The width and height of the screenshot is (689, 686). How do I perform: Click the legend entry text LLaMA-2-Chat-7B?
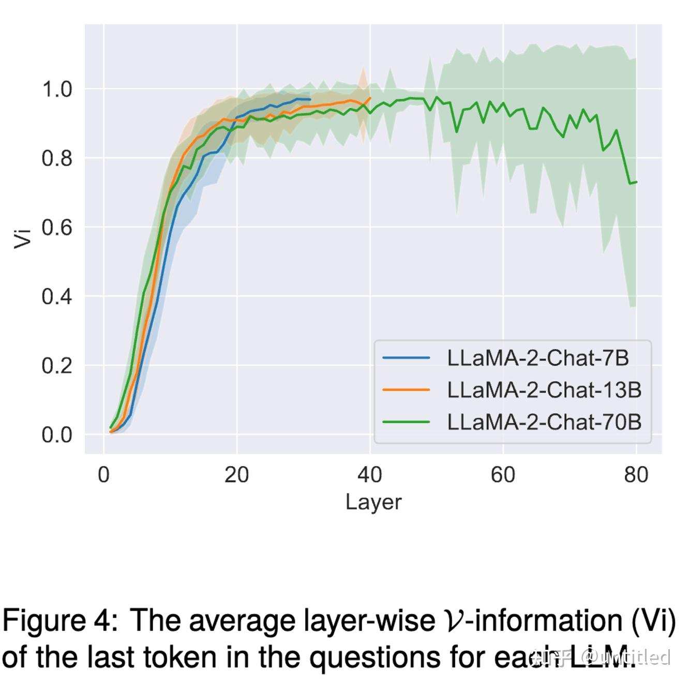(537, 358)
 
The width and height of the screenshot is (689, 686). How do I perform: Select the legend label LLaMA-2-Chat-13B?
(544, 390)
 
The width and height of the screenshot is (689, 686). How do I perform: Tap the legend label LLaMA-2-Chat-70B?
(544, 422)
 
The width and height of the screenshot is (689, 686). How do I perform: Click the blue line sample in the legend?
(406, 358)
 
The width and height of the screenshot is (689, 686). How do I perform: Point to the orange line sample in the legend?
(406, 390)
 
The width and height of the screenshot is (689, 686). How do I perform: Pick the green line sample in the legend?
(406, 422)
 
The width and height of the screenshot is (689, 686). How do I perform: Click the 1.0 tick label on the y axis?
(57, 90)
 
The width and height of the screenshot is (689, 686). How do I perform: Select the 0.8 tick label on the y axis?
(57, 158)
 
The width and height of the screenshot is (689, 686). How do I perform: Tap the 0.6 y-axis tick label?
(57, 228)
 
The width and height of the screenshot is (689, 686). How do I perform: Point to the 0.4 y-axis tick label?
(57, 297)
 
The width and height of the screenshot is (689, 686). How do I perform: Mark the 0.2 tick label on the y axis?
(57, 366)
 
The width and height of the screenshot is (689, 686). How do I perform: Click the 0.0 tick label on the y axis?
(57, 435)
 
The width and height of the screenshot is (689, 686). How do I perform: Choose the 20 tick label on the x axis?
(237, 475)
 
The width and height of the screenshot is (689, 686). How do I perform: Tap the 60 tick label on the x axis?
(503, 475)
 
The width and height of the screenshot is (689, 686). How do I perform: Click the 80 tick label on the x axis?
(636, 475)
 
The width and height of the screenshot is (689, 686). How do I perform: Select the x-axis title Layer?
(373, 502)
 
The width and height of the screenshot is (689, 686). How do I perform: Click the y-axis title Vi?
(23, 238)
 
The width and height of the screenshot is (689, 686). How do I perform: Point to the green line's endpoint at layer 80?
(636, 182)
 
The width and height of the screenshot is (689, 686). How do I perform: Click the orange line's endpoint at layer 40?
(370, 98)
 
